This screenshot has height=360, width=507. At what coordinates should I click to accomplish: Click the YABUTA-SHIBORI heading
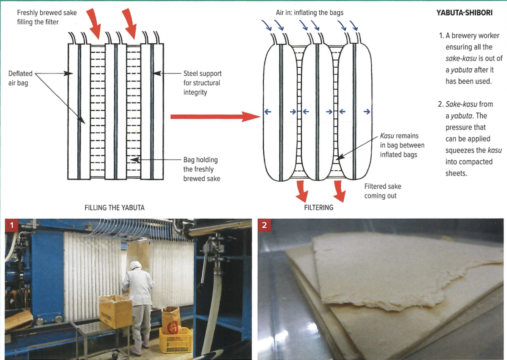tap(464, 13)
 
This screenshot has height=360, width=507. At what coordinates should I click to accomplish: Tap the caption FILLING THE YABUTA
tap(114, 208)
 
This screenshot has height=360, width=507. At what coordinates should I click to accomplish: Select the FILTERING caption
tap(318, 208)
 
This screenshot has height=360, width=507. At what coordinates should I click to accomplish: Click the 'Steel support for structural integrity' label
tap(202, 83)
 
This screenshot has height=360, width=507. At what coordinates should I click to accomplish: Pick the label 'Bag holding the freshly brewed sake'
tap(201, 169)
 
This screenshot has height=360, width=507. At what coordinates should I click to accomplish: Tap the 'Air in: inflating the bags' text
tap(309, 13)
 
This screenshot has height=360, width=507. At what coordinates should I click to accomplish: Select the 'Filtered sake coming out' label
tap(382, 191)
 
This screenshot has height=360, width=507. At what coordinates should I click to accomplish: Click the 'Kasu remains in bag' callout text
tap(402, 145)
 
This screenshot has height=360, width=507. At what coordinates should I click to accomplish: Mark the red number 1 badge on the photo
tap(12, 225)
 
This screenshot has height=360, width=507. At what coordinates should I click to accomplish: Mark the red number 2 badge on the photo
tap(265, 225)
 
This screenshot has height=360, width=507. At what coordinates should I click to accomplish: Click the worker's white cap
tap(134, 265)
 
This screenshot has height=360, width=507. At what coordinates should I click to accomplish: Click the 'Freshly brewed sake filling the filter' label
tap(46, 17)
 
